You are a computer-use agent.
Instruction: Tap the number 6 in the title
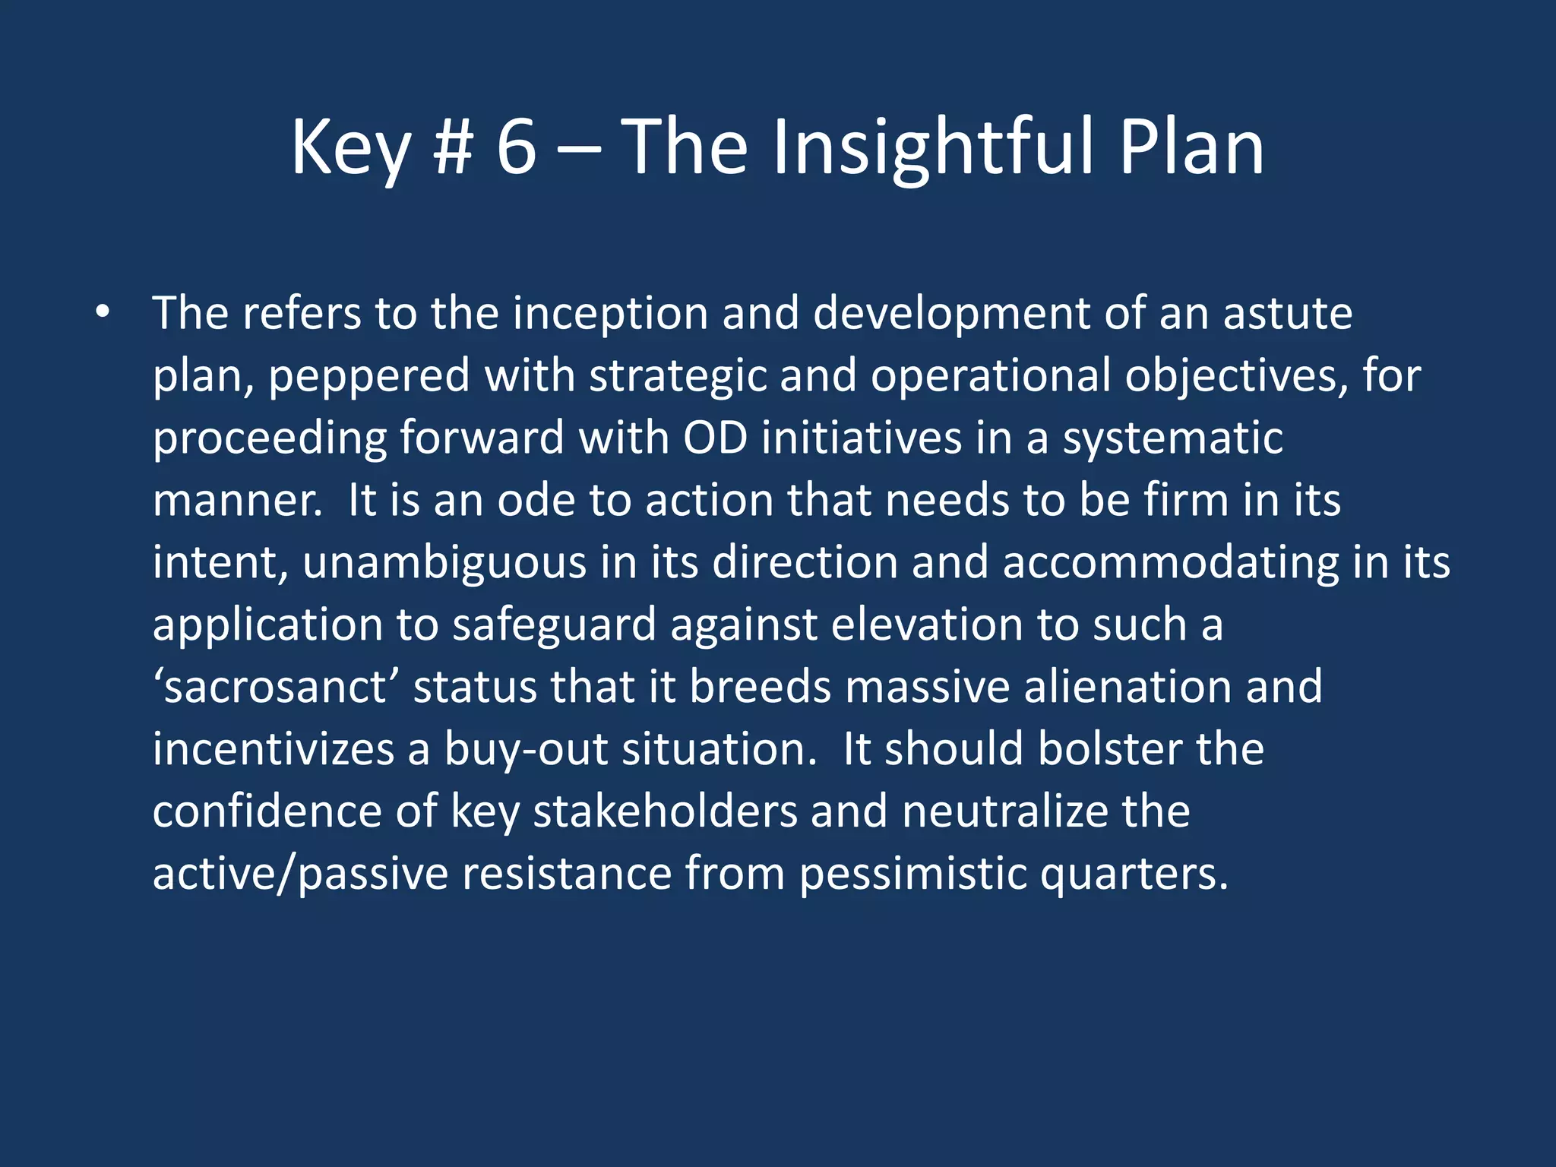[x=516, y=147]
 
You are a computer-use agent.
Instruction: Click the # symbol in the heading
[x=454, y=147]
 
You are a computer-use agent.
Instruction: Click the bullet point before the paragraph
[x=103, y=312]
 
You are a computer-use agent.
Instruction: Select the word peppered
[x=368, y=377]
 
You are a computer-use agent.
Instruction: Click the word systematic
[x=1172, y=438]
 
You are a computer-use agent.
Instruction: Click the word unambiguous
[x=444, y=563]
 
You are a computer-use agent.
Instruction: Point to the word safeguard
[x=554, y=625]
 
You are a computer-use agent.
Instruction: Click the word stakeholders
[x=665, y=812]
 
